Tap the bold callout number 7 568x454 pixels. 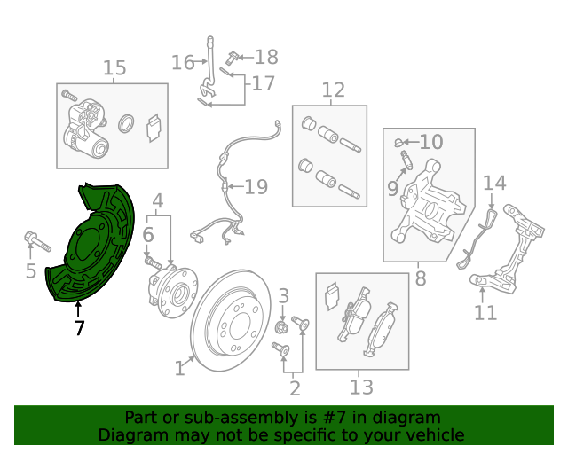[x=79, y=328]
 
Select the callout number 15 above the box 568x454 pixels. [x=114, y=68]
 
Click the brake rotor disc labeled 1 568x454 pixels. [x=231, y=320]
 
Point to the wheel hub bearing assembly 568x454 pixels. [x=173, y=291]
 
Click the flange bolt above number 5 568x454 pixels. [x=37, y=242]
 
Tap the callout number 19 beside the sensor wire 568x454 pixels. [x=256, y=187]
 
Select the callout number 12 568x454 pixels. [x=334, y=90]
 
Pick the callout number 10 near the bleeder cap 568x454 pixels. [x=431, y=142]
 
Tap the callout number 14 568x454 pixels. [x=494, y=184]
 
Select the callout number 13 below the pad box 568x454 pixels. [x=361, y=387]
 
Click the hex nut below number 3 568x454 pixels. [x=281, y=328]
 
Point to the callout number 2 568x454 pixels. [x=296, y=388]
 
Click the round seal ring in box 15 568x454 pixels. [x=126, y=123]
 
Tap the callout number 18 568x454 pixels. [x=266, y=58]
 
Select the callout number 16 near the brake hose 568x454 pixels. [x=183, y=63]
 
